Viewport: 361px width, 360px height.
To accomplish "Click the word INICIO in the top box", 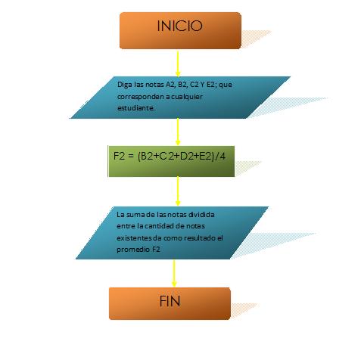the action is coord(179,26).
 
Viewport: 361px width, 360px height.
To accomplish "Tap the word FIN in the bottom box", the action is coord(170,301).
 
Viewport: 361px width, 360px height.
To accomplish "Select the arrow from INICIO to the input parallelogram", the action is coord(178,64).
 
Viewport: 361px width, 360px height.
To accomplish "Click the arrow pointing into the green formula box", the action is coord(178,132).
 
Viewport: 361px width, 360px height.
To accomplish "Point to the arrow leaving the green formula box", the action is coord(178,191).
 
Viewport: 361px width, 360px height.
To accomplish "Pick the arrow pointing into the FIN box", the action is coord(174,273).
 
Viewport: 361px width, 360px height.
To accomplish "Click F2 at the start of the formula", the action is coord(119,156).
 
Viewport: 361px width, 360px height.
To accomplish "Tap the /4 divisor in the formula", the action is coord(219,157).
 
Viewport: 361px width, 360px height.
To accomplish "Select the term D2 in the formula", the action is coord(186,157).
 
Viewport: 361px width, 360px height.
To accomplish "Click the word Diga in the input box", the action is coord(125,85).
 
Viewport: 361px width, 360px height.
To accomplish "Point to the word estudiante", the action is coord(136,108).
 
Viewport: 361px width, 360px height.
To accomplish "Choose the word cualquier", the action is coord(187,97).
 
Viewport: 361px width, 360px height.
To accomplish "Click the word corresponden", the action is coord(140,97).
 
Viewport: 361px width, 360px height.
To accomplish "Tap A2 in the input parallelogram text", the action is coord(170,85).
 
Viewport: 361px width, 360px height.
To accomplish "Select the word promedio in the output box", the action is coord(133,250).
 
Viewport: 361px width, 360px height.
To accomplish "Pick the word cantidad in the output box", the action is coord(160,226).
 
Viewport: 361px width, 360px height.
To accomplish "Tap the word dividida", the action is coord(201,215).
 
